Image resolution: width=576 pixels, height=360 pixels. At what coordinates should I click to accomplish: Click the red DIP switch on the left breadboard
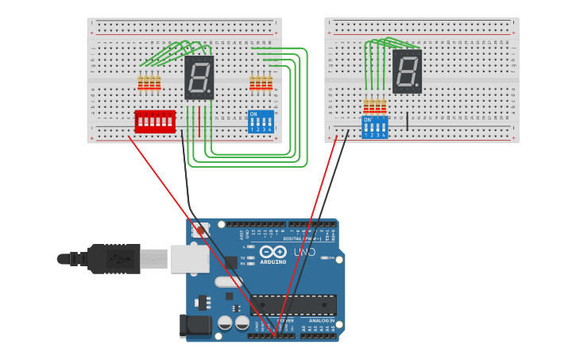[x=155, y=122]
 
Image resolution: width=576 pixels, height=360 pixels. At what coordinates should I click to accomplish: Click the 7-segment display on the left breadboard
[x=199, y=77]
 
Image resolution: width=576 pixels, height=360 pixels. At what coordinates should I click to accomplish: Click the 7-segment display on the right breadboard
[x=407, y=72]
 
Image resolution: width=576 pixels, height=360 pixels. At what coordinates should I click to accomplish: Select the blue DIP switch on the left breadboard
[x=261, y=122]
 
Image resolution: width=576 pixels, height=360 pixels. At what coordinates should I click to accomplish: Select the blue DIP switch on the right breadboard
[x=375, y=128]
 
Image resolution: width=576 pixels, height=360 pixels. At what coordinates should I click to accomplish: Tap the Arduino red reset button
[x=200, y=230]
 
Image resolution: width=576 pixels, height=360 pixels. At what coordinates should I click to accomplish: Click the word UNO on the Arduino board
[x=305, y=252]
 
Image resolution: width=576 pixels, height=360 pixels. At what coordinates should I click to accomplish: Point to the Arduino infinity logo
[x=272, y=252]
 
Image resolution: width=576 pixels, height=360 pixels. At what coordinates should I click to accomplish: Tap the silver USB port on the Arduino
[x=190, y=259]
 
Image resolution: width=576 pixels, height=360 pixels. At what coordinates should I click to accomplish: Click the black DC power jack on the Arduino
[x=195, y=325]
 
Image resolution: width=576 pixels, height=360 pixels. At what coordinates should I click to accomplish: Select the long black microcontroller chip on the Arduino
[x=293, y=304]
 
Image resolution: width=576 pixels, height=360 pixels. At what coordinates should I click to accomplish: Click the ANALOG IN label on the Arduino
[x=321, y=320]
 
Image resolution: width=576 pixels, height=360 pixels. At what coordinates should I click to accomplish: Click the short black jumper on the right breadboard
[x=408, y=121]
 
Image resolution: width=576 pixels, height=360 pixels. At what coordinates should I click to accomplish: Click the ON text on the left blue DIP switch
[x=253, y=114]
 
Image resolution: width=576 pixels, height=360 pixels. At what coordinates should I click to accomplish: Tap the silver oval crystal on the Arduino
[x=229, y=281]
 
